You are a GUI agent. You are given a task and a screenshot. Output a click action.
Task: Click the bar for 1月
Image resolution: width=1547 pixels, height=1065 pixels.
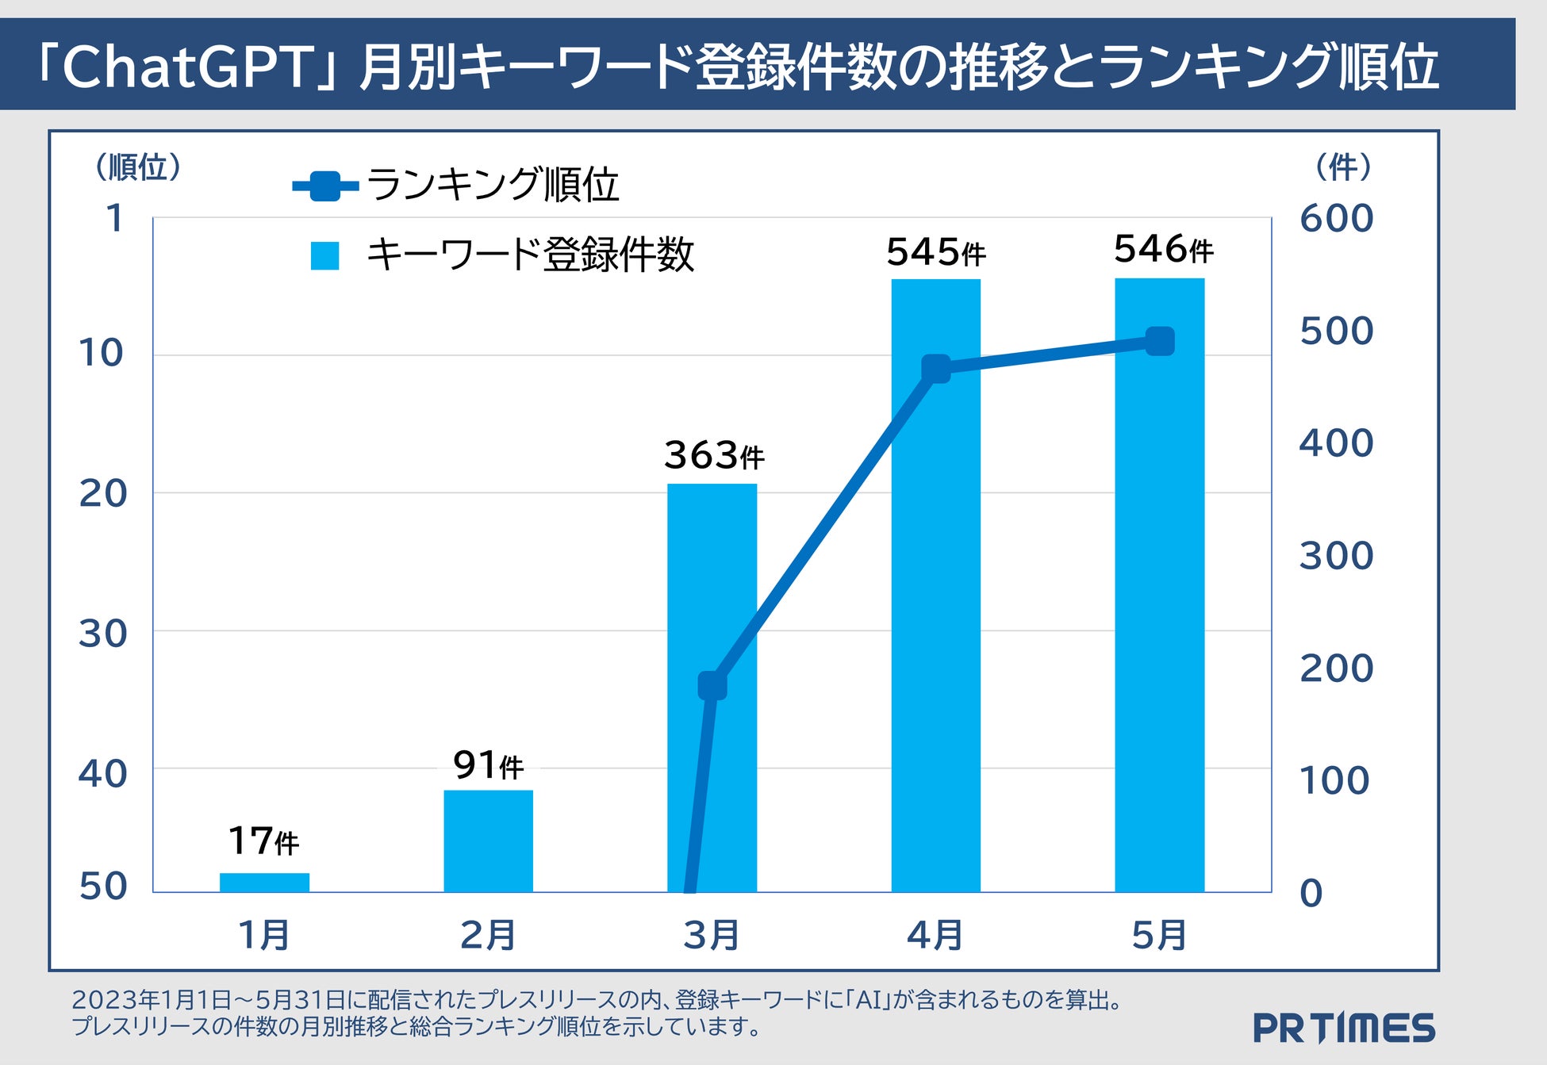[264, 882]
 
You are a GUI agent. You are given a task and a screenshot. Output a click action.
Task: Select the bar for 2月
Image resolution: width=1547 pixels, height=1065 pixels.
[488, 841]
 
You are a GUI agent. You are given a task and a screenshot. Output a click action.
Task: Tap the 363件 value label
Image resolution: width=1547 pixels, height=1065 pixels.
[713, 455]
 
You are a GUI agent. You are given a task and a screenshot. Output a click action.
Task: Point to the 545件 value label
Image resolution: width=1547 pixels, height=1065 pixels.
[935, 252]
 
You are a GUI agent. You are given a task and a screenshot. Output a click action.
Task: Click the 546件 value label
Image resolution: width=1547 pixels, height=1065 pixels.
[1163, 249]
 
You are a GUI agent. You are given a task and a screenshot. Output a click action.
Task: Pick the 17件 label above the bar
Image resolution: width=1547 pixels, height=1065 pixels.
[263, 841]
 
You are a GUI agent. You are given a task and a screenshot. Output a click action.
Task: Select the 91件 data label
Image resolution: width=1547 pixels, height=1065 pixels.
[488, 765]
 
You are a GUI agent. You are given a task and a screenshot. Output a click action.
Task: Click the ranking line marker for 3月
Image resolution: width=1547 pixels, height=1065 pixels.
[712, 685]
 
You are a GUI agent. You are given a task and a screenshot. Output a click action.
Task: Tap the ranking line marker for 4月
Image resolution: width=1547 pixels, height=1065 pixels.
[936, 369]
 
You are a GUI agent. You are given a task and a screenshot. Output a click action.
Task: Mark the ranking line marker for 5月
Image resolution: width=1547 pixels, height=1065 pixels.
[1160, 342]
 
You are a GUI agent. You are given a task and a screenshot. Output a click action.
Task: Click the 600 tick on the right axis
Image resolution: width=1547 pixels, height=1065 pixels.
[1336, 219]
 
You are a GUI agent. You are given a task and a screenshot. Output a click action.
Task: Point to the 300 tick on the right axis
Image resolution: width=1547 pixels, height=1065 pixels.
[1336, 556]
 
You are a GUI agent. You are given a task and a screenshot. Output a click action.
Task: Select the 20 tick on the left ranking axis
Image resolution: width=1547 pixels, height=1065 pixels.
[103, 493]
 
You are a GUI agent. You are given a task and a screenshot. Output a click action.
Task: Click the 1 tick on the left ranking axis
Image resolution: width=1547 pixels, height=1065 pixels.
[116, 218]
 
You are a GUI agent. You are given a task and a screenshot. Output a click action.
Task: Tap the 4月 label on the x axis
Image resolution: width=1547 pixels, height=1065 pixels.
[935, 935]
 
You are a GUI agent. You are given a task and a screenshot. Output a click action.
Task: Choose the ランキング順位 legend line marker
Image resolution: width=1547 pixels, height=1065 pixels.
[325, 186]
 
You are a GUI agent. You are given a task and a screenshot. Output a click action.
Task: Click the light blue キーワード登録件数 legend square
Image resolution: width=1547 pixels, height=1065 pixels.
[325, 256]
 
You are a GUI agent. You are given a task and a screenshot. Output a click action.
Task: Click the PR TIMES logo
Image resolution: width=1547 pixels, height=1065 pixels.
[1344, 1028]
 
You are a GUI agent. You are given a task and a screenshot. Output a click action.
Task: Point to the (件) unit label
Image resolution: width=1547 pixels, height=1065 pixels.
[1343, 167]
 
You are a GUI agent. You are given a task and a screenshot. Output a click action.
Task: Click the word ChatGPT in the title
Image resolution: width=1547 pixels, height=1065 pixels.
[188, 67]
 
